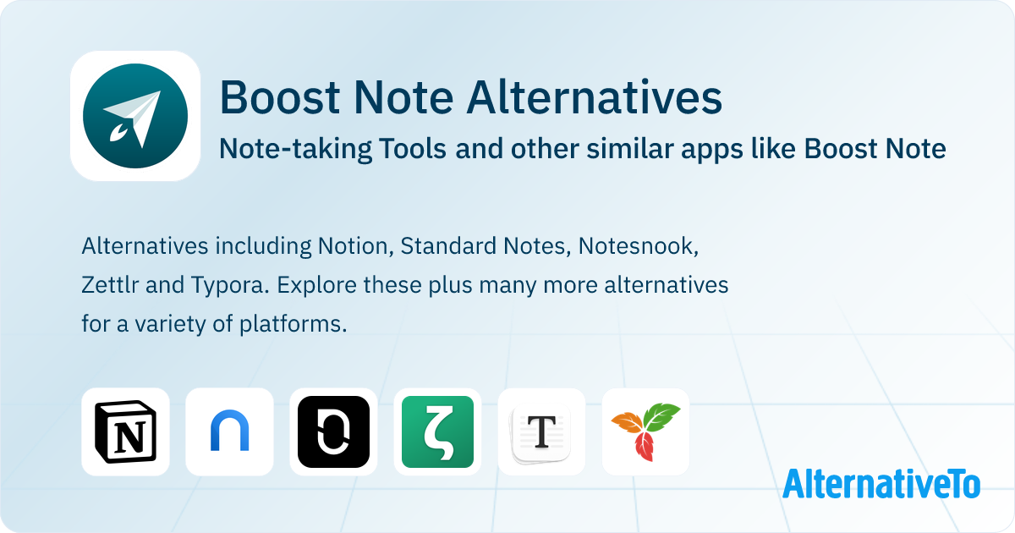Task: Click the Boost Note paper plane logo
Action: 135,116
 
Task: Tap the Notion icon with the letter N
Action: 125,431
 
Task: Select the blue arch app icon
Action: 230,431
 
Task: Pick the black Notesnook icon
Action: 333,431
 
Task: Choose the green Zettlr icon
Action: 438,431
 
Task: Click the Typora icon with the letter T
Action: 542,431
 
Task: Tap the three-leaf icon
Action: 645,431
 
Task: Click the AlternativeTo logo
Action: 881,484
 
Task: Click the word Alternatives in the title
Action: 595,97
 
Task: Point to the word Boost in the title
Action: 280,97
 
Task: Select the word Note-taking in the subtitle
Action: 295,149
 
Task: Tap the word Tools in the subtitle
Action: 413,148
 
